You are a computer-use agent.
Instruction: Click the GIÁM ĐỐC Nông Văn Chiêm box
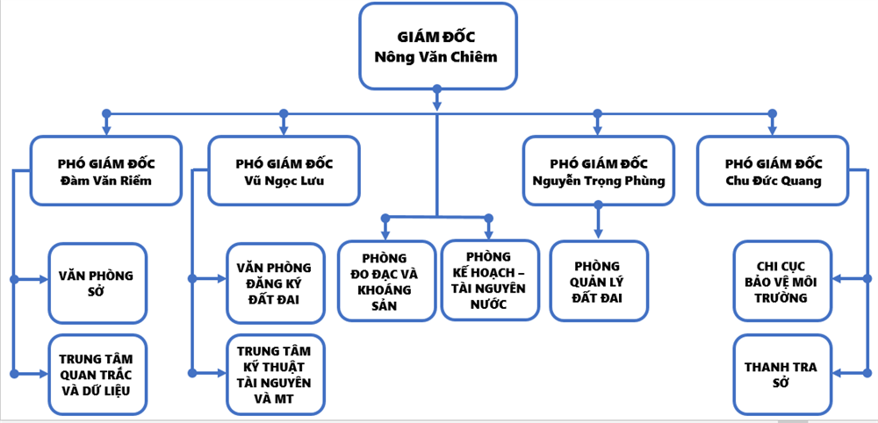[x=437, y=47]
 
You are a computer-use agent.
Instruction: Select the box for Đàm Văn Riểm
[x=106, y=172]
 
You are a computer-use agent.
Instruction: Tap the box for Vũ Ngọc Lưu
[x=284, y=172]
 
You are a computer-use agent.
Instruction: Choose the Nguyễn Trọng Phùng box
[x=598, y=172]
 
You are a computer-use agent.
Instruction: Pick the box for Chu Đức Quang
[x=774, y=172]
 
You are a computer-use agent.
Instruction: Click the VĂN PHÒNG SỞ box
[x=97, y=283]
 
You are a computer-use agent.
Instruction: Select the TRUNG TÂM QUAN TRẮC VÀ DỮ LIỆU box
[x=97, y=374]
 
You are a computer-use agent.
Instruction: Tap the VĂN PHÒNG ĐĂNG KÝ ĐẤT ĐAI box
[x=275, y=283]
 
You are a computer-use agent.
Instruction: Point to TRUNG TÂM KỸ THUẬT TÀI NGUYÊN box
[x=275, y=374]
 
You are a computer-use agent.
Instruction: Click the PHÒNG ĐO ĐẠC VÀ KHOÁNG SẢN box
[x=386, y=281]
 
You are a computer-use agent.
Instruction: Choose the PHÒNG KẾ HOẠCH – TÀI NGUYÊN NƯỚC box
[x=490, y=281]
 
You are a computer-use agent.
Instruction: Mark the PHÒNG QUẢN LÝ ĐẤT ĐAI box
[x=599, y=280]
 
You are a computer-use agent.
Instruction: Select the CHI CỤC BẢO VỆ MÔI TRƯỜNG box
[x=781, y=283]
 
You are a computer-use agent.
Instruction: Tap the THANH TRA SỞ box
[x=781, y=374]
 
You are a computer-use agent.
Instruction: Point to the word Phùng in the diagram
[x=641, y=182]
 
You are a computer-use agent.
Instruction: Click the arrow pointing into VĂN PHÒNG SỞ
[x=40, y=280]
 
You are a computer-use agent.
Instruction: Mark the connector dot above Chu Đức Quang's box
[x=773, y=113]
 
